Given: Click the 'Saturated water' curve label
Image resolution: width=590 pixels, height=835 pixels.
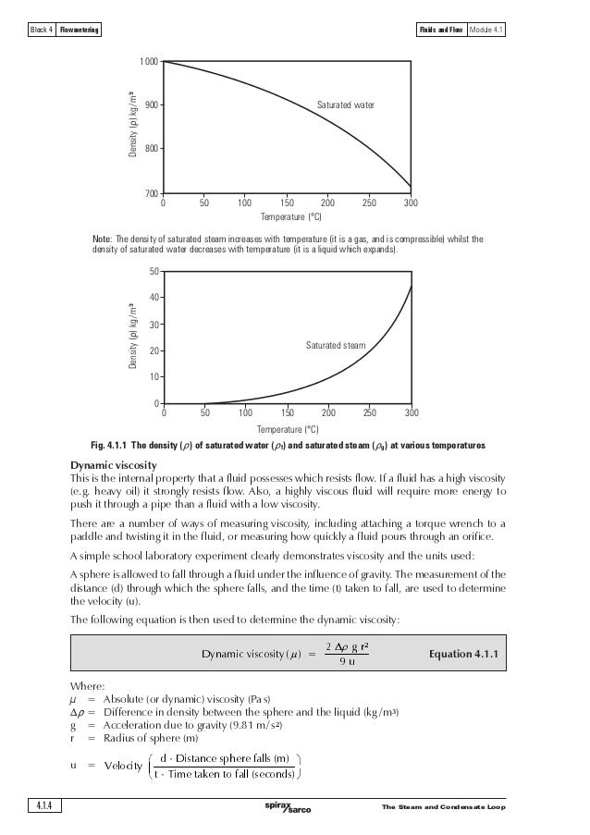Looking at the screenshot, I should coord(346,105).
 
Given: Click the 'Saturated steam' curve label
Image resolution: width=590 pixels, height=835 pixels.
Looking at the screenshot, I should coord(335,345).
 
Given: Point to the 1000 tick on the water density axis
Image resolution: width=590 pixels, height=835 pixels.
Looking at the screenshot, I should coord(148,61).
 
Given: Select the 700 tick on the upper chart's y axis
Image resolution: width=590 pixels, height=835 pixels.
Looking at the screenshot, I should coord(150,193).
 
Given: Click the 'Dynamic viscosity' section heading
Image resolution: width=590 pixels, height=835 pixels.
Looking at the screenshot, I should coord(114,464).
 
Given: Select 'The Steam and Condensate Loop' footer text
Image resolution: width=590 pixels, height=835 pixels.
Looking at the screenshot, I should coord(443,809).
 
